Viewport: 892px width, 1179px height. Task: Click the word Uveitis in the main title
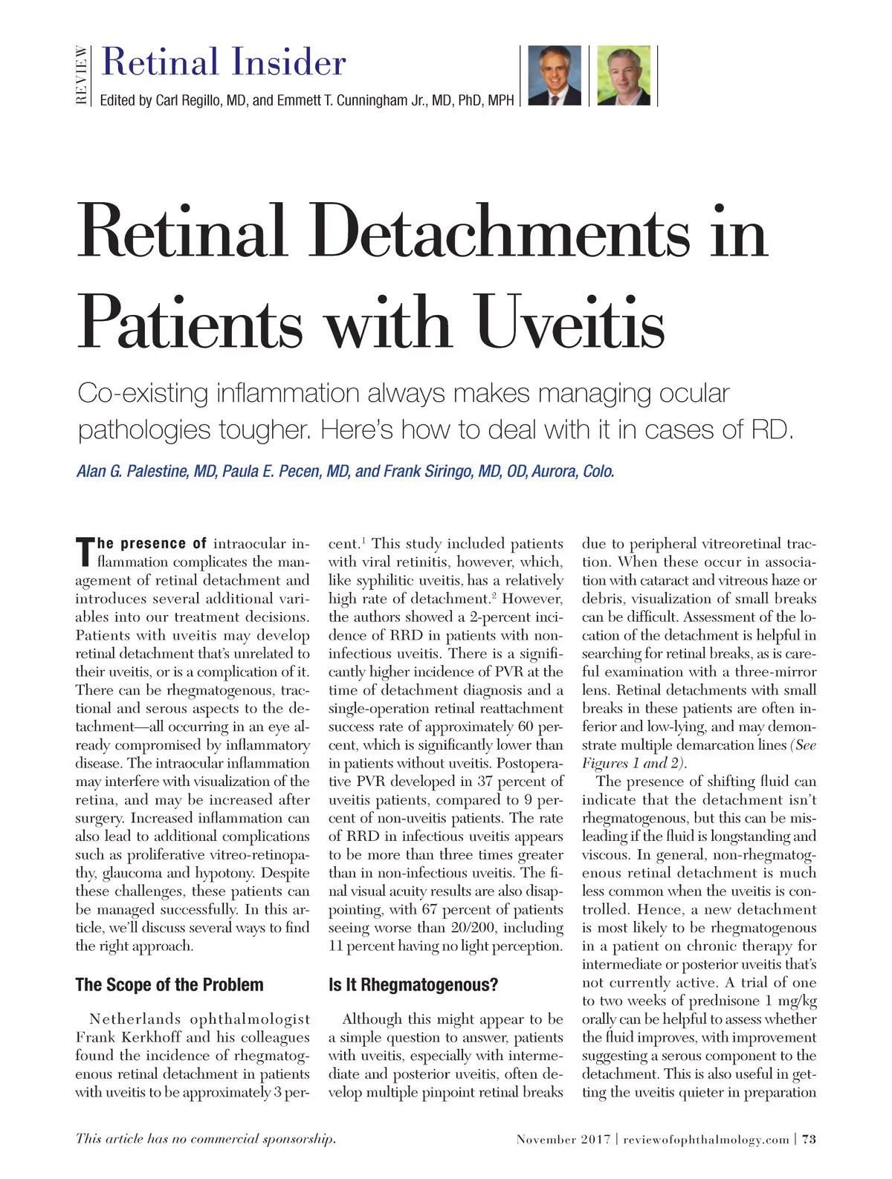(571, 324)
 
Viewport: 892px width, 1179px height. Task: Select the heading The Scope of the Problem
(169, 985)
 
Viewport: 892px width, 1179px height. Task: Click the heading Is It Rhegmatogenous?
(413, 985)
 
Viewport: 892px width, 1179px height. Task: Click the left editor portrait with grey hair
(554, 76)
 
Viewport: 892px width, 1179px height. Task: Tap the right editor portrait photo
(624, 76)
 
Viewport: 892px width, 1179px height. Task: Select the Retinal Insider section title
(224, 62)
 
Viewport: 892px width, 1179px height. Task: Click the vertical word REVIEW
(82, 75)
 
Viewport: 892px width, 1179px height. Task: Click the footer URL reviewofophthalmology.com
(706, 1139)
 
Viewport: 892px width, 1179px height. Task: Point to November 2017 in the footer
(563, 1139)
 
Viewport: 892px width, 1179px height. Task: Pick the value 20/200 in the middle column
(468, 928)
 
